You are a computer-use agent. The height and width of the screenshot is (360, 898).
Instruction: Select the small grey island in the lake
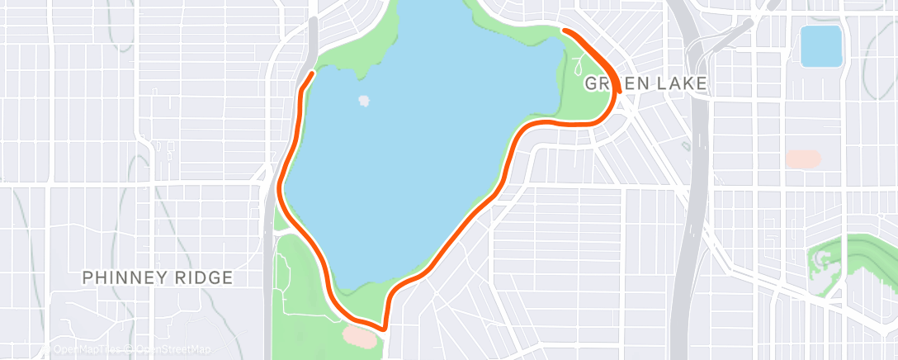tap(364, 102)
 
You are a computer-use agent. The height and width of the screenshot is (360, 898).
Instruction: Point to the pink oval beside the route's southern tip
tap(361, 335)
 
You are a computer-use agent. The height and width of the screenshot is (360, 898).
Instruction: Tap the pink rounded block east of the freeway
tap(803, 158)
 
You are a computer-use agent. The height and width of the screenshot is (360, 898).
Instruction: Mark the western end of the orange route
tap(311, 73)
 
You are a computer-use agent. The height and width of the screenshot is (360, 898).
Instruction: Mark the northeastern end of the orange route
tap(565, 31)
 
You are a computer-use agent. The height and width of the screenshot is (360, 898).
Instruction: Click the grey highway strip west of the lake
tap(310, 41)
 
